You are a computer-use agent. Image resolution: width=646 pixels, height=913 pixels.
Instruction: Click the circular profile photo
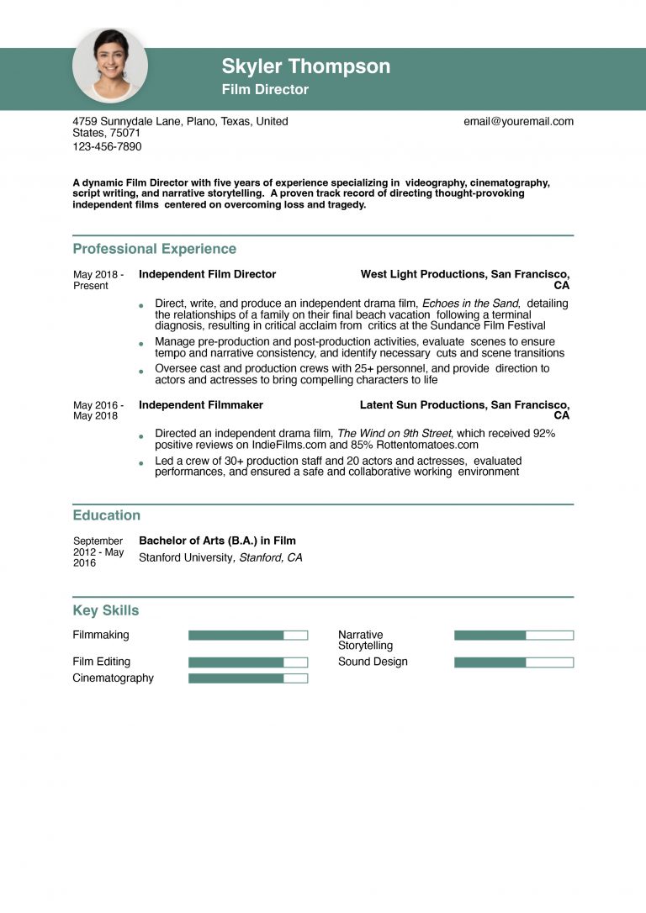(110, 66)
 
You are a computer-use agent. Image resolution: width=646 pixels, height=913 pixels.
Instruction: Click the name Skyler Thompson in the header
(306, 66)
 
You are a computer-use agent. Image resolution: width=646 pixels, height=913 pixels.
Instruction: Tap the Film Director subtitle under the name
(265, 90)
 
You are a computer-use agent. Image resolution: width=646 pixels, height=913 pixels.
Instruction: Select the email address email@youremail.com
(518, 121)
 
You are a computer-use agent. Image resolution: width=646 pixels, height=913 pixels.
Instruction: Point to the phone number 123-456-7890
(107, 146)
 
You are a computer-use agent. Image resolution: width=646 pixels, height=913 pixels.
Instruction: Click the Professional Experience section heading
(154, 249)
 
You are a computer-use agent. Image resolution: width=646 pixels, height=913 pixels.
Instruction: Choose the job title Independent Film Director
(207, 274)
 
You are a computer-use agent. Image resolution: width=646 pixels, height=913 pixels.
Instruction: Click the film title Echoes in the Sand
(470, 303)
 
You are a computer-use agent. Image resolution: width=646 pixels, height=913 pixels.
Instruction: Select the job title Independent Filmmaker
(201, 405)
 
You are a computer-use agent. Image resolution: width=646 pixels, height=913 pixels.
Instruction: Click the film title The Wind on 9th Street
(394, 434)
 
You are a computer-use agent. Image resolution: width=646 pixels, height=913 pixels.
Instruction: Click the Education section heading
(106, 515)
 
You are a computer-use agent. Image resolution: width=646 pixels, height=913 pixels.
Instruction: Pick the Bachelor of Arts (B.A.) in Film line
(217, 541)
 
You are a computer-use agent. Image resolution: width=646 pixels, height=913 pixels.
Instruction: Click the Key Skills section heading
(105, 610)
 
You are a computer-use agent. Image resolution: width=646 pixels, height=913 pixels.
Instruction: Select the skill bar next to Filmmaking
(248, 636)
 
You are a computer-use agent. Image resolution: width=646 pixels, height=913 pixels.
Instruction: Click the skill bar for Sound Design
(513, 662)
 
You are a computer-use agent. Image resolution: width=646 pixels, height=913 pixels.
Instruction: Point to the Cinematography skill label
(113, 678)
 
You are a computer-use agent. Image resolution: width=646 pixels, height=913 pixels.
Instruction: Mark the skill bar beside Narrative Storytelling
(513, 636)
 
